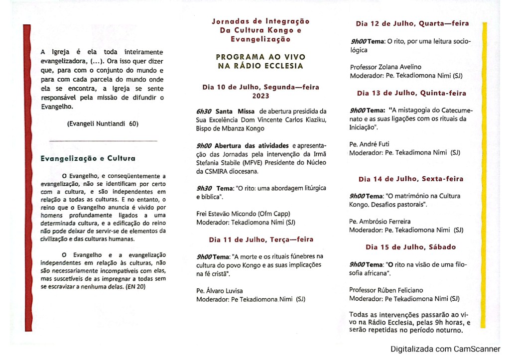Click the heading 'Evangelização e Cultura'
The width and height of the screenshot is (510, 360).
pyautogui.click(x=88, y=159)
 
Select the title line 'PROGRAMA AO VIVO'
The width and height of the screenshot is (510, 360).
pyautogui.click(x=260, y=57)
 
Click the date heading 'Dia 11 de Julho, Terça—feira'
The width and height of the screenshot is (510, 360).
pyautogui.click(x=261, y=240)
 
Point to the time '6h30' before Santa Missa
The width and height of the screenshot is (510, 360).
pyautogui.click(x=204, y=111)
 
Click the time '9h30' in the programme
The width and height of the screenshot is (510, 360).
pyautogui.click(x=204, y=188)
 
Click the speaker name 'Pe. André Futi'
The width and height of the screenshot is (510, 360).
pyautogui.click(x=370, y=144)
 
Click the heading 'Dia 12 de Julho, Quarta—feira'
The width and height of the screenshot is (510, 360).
pyautogui.click(x=412, y=23)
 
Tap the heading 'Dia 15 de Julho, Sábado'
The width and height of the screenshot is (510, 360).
pyautogui.click(x=410, y=247)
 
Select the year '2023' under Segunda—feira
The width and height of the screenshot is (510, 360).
pyautogui.click(x=260, y=96)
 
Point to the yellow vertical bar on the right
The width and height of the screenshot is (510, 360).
pyautogui.click(x=484, y=174)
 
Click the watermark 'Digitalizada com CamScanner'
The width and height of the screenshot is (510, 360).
pyautogui.click(x=445, y=350)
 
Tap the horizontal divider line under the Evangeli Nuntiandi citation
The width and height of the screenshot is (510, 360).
pyautogui.click(x=103, y=141)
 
